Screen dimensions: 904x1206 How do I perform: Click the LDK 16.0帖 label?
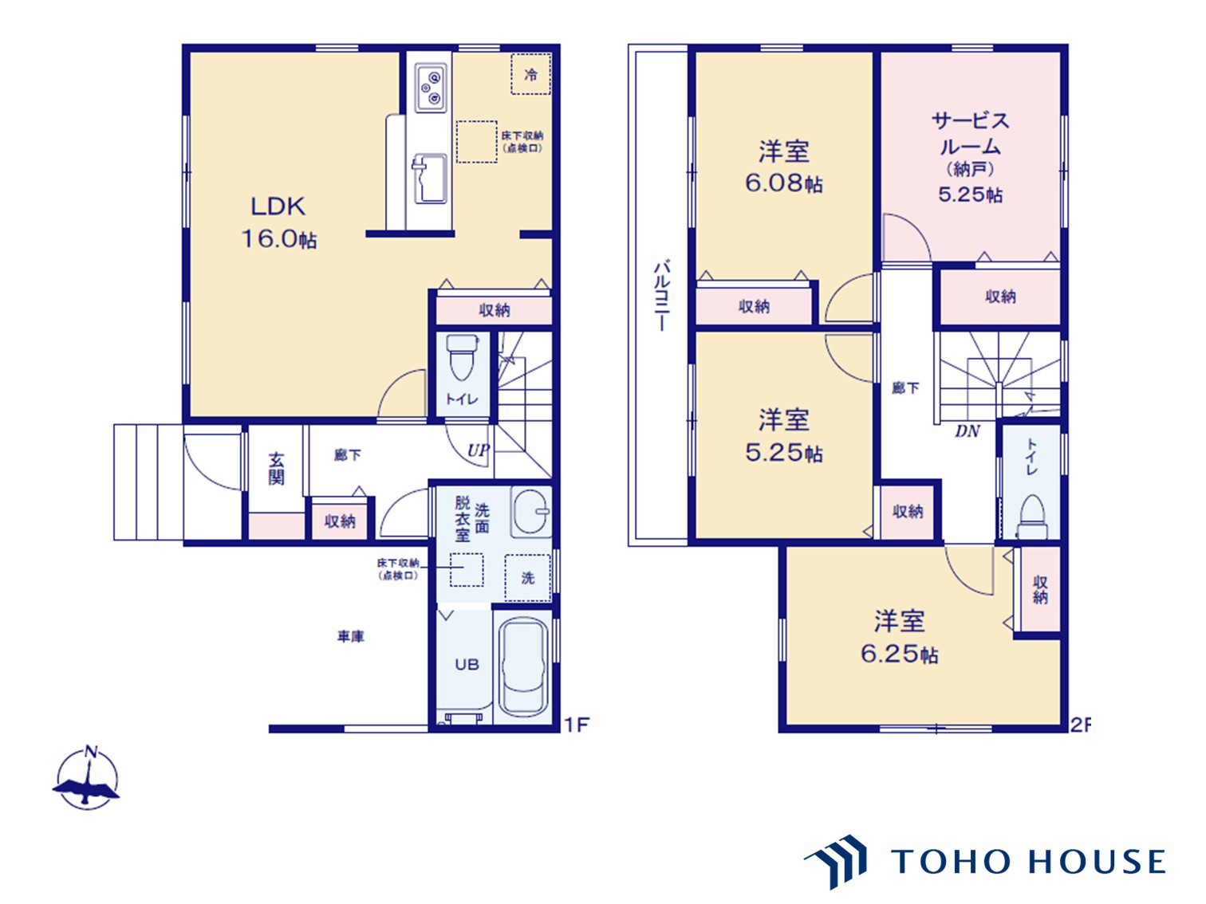(279, 222)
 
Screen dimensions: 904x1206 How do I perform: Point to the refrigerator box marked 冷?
(530, 74)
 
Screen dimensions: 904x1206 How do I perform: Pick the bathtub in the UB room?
(524, 668)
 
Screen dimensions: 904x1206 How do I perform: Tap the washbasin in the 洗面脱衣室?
(530, 511)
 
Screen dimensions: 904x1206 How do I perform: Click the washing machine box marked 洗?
(527, 577)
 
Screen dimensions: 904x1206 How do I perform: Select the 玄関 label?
(276, 469)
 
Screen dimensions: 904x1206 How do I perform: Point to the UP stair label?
(479, 450)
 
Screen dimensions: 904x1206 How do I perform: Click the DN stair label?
(968, 431)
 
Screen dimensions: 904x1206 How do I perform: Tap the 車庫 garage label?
(350, 636)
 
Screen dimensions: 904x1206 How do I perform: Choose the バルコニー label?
(661, 295)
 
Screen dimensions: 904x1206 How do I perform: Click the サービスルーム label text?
(970, 133)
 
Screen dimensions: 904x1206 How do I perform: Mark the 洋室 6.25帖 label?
(899, 637)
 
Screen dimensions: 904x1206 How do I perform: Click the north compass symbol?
(87, 779)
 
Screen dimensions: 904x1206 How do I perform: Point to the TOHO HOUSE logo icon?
(836, 861)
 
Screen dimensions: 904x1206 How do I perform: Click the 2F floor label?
(1080, 725)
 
